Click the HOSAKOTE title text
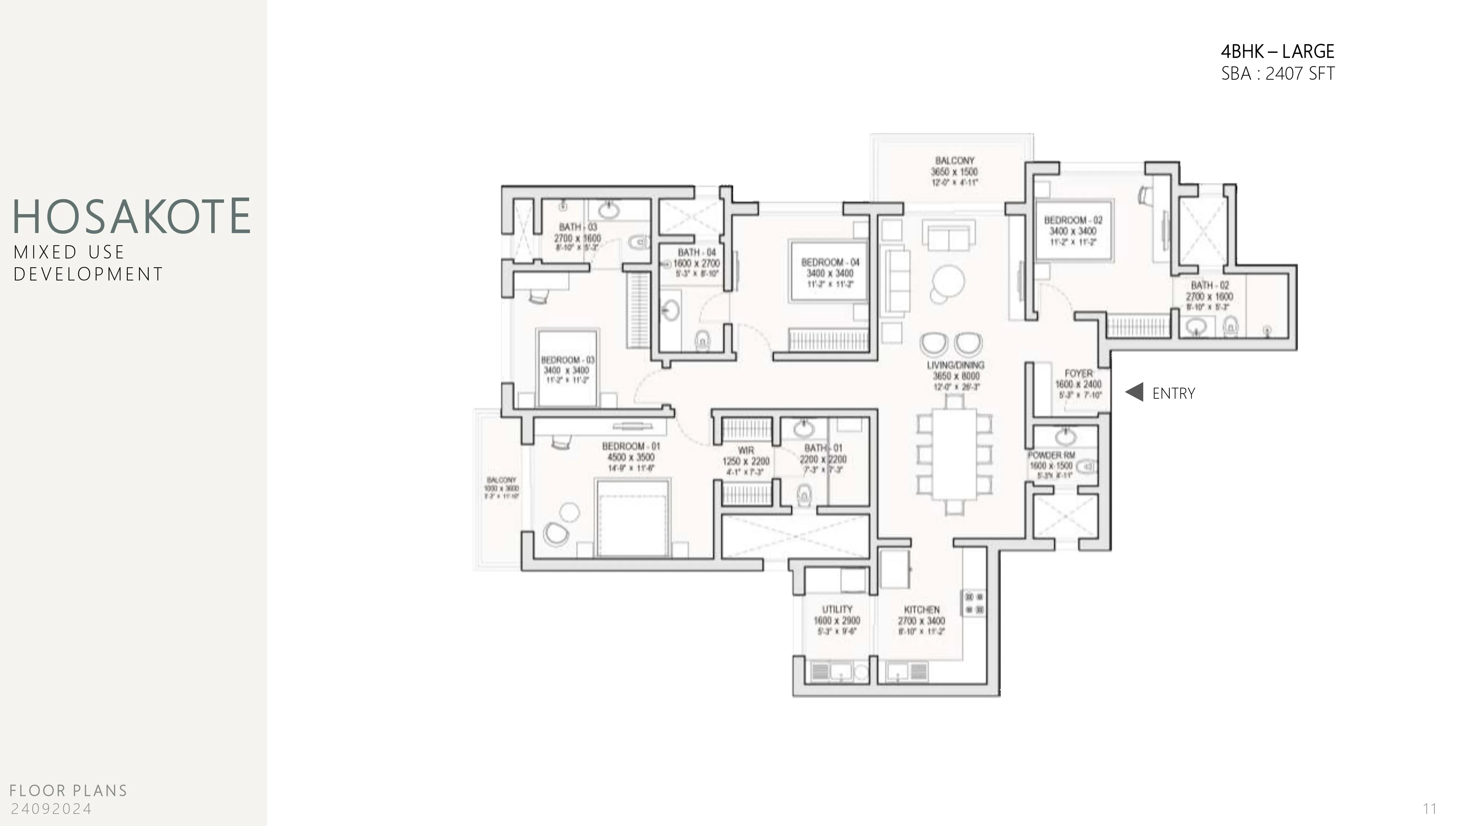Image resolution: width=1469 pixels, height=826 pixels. coord(131,217)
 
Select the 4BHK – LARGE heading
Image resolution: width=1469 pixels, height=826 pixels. coord(1277,52)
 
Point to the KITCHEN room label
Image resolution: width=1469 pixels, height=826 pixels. coord(921,610)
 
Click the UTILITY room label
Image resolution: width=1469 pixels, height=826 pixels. coord(837,609)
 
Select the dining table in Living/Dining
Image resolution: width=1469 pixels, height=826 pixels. coord(954,454)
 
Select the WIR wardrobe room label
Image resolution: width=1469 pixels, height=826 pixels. coord(746,450)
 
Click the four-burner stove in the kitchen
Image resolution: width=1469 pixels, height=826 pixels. coord(974,604)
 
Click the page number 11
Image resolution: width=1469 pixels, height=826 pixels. coord(1429,809)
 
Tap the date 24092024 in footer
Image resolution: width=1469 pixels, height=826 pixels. coord(51,809)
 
